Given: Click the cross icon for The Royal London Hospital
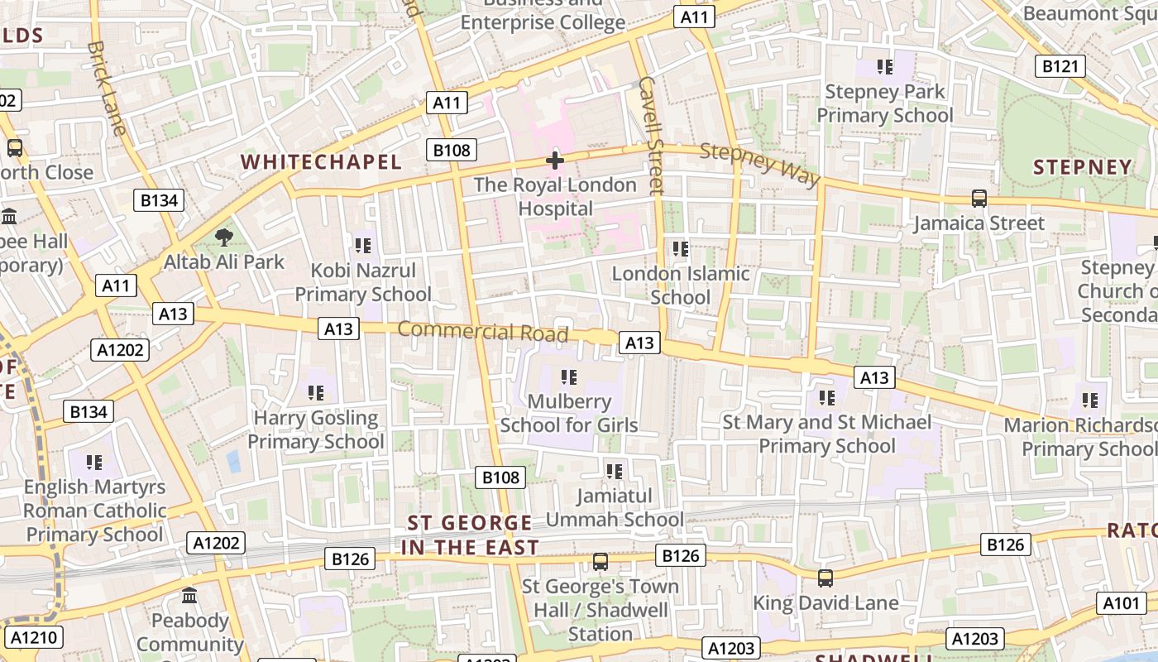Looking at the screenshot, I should click(x=555, y=160).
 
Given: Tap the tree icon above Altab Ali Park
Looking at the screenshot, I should click(x=223, y=238).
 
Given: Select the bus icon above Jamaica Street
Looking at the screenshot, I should click(x=979, y=199).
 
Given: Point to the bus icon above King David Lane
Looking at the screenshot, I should click(x=825, y=578).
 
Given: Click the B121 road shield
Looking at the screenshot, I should click(x=1060, y=66).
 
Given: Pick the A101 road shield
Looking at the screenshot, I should click(x=1122, y=603).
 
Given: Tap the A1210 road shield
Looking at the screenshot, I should click(x=33, y=638).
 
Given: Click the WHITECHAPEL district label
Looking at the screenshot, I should click(x=321, y=162).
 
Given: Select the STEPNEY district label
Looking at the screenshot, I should click(x=1082, y=167).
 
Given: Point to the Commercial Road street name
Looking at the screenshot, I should click(x=483, y=332).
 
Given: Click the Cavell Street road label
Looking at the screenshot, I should click(x=652, y=136).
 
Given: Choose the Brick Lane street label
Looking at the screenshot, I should click(x=107, y=88).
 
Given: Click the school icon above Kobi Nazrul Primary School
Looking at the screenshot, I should click(x=362, y=246).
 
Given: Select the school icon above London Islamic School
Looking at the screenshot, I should click(x=681, y=248).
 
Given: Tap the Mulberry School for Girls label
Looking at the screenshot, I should click(x=569, y=414).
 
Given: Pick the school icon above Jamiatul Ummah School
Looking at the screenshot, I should click(x=614, y=472).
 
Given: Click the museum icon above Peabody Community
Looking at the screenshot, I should click(x=189, y=596).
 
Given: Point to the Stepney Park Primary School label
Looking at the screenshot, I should click(x=885, y=103).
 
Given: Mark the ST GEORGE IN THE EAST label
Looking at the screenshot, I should click(x=470, y=535).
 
